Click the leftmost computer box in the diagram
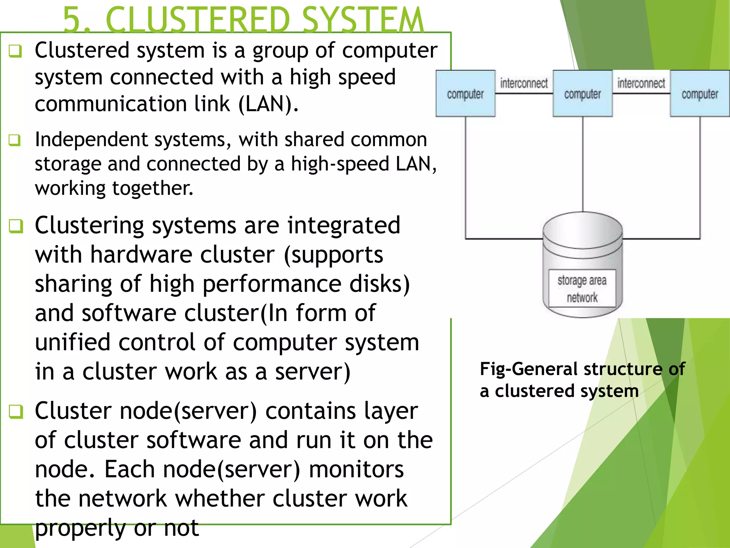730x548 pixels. coord(465,93)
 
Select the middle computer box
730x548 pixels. coord(582,93)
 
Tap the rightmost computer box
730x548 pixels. coord(700,93)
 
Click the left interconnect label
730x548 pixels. coord(524,83)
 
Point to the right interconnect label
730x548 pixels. coord(641,83)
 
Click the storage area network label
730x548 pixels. coord(582,288)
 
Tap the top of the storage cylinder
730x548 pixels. coord(582,228)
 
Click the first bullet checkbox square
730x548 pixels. coord(16,51)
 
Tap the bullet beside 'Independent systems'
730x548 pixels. coord(15,140)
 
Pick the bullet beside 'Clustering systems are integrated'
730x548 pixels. coord(16,226)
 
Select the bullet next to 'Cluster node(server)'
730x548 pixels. coord(16,411)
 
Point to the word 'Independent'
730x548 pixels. coord(91,139)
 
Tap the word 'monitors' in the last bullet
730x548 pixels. coord(356,469)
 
